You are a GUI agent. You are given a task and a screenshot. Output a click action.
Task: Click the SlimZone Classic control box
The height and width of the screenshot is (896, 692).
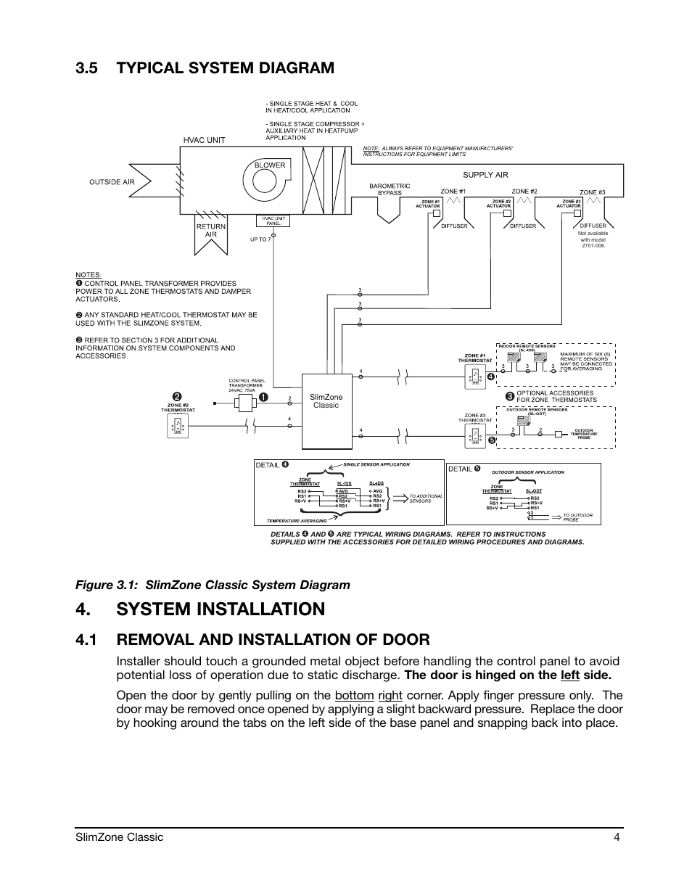[x=326, y=411]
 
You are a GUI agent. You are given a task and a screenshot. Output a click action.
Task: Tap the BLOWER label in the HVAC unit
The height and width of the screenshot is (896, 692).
[x=269, y=165]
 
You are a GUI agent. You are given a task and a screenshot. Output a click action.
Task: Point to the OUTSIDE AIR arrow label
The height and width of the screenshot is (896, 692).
[x=112, y=182]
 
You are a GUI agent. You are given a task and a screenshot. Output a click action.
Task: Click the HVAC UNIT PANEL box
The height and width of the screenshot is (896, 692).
[x=273, y=221]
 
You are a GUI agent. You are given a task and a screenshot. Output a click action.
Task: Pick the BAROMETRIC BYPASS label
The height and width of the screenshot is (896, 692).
[x=390, y=189]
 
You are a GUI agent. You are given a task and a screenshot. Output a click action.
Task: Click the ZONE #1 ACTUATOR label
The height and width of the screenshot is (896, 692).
[x=428, y=204]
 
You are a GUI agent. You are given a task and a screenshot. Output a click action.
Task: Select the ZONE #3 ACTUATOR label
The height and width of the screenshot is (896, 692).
[x=569, y=204]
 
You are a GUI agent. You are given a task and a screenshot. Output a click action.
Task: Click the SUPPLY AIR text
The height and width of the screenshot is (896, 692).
[x=485, y=175]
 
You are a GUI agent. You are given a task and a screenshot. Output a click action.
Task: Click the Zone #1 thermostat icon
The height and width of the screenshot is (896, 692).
[x=474, y=376]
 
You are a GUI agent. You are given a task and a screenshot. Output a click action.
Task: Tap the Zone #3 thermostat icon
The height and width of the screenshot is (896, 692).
[x=474, y=435]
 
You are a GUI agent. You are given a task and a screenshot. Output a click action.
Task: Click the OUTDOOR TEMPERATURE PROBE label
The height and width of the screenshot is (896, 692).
[x=584, y=434]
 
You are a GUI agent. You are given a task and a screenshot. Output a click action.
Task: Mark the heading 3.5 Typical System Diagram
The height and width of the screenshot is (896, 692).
[x=205, y=67]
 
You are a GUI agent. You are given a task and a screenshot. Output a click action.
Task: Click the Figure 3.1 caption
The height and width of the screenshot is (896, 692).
[x=213, y=585]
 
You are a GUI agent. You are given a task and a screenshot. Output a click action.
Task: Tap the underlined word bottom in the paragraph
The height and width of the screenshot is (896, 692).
[x=354, y=696]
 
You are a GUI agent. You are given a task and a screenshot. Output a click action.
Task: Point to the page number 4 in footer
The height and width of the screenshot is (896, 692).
[x=616, y=837]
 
